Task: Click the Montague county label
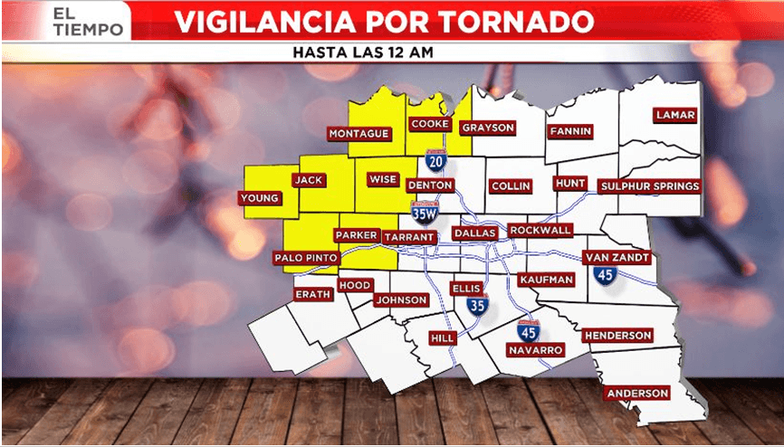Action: point(359,134)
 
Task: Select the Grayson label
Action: point(488,128)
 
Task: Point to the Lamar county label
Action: point(676,115)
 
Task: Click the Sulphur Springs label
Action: point(650,186)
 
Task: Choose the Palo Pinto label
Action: point(306,259)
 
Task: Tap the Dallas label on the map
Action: point(475,233)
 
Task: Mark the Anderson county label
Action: point(638,394)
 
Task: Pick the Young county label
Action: point(258,198)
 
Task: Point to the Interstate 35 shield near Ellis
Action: point(477,305)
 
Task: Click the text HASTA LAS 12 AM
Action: point(363,52)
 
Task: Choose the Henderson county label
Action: point(617,336)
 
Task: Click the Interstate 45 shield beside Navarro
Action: point(529,329)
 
